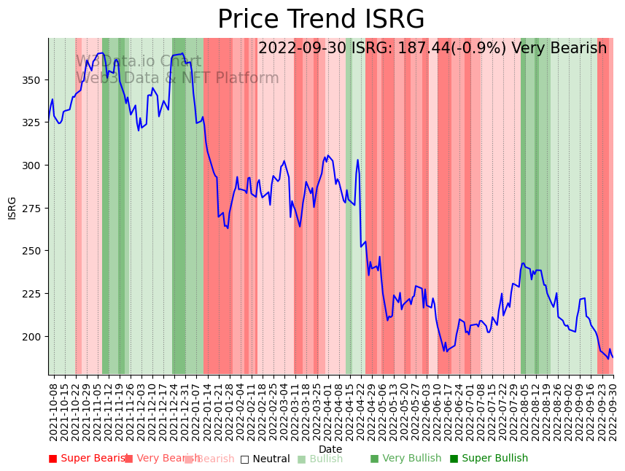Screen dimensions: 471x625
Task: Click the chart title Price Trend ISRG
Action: pyautogui.click(x=321, y=20)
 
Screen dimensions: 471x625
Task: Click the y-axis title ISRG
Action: pyautogui.click(x=12, y=207)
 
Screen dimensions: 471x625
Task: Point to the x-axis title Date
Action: pyautogui.click(x=330, y=449)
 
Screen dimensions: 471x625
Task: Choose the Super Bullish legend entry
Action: pyautogui.click(x=489, y=459)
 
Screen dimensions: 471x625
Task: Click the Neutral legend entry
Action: pyautogui.click(x=265, y=459)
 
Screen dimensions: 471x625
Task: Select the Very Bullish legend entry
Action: pyautogui.click(x=405, y=459)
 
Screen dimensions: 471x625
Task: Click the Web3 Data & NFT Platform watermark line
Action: pyautogui.click(x=177, y=78)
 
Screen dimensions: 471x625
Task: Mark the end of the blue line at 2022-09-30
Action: pyautogui.click(x=613, y=357)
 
